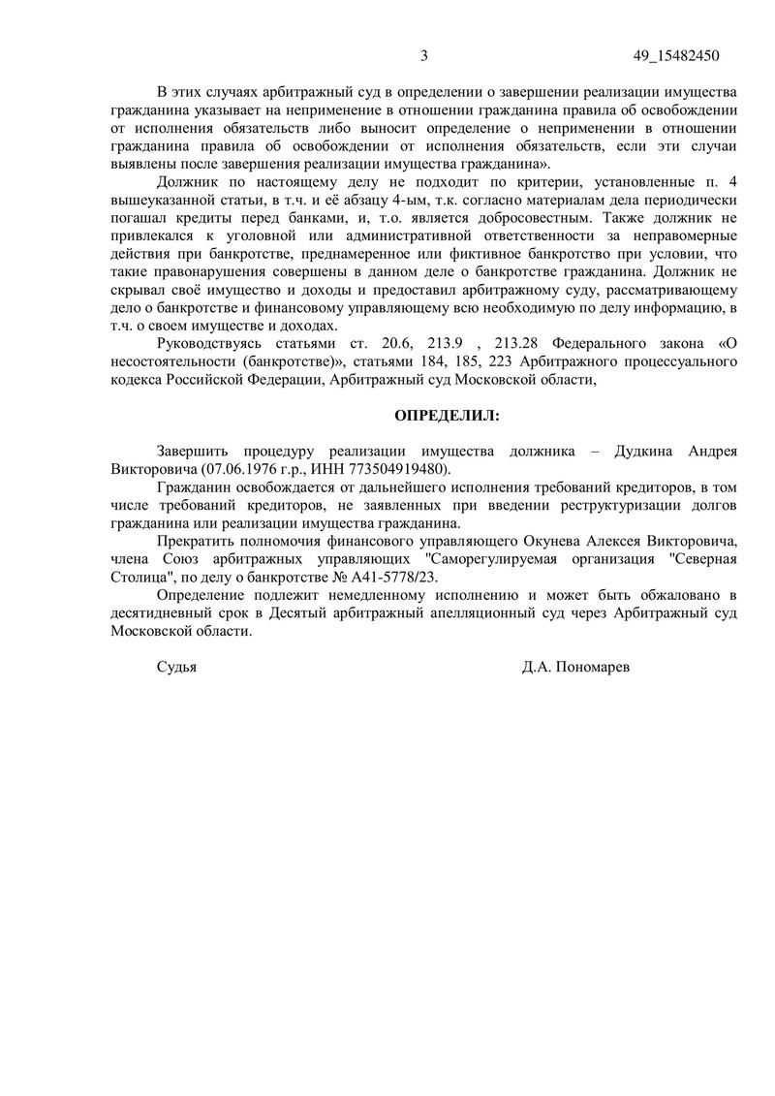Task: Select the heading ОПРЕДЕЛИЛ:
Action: tap(447, 415)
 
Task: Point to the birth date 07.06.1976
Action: tap(238, 468)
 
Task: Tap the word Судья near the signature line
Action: tap(176, 667)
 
